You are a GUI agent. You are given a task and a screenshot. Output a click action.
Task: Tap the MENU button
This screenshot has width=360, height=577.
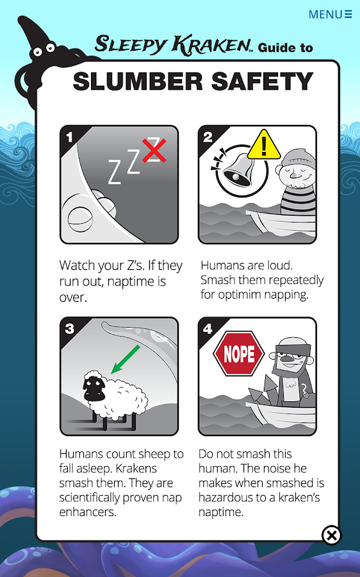[330, 14]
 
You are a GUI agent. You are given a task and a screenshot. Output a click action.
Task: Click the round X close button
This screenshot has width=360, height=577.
[332, 535]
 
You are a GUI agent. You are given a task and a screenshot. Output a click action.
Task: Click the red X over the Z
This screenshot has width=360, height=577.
[154, 150]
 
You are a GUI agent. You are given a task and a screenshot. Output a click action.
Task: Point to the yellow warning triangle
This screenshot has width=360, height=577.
[264, 144]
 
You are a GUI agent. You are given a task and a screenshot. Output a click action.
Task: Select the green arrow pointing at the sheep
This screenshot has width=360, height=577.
[126, 359]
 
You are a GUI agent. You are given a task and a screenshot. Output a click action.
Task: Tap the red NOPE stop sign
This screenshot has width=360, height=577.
[239, 354]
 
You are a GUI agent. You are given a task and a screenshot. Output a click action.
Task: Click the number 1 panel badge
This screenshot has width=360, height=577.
[69, 137]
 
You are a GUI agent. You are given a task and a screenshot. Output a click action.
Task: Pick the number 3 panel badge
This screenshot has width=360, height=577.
[70, 328]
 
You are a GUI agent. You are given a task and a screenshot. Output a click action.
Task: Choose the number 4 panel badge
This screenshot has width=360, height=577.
[208, 328]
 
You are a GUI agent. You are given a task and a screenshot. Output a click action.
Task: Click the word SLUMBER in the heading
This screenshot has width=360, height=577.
[138, 81]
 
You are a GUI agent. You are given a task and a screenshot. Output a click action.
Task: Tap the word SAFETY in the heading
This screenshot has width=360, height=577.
[263, 81]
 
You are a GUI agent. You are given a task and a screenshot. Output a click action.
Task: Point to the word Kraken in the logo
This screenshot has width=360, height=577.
[212, 45]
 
